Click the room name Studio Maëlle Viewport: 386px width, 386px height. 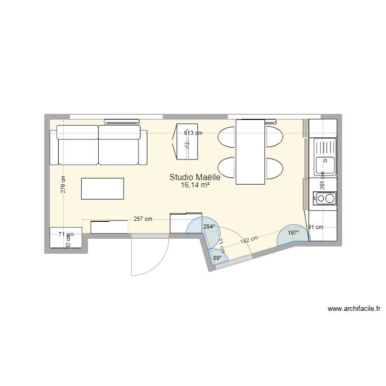click(x=195, y=178)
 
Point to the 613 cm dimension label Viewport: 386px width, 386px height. click(x=194, y=133)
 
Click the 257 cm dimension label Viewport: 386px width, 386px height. click(x=142, y=219)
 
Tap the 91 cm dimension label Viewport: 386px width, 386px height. click(x=315, y=227)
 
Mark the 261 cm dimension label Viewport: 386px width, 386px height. click(x=322, y=181)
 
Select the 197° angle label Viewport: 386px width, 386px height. click(x=293, y=233)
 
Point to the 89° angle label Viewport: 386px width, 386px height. click(x=217, y=258)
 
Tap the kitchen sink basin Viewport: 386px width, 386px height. click(x=325, y=164)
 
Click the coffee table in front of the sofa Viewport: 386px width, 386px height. click(x=102, y=188)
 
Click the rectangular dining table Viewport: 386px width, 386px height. click(x=250, y=151)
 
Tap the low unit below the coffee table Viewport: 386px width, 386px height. click(x=109, y=226)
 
